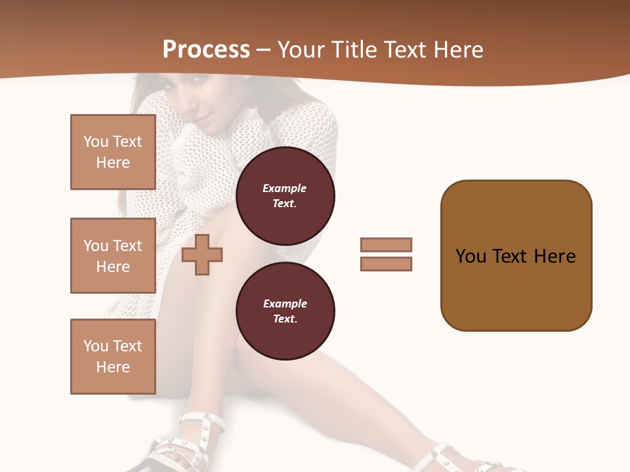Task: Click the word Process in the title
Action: pyautogui.click(x=206, y=50)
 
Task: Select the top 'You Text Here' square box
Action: pyautogui.click(x=113, y=152)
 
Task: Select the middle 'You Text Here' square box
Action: pyautogui.click(x=113, y=256)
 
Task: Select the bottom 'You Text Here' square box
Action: pyautogui.click(x=113, y=357)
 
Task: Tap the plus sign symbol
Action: pyautogui.click(x=202, y=254)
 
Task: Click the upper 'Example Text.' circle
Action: pyautogui.click(x=285, y=196)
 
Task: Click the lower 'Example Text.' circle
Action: pyautogui.click(x=285, y=311)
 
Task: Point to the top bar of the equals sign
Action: pyautogui.click(x=386, y=245)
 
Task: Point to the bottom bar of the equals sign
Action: pyautogui.click(x=386, y=264)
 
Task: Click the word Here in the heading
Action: pyautogui.click(x=458, y=50)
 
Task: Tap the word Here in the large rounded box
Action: pyautogui.click(x=555, y=256)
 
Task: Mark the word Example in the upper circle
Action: pyautogui.click(x=285, y=189)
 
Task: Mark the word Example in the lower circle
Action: pyautogui.click(x=285, y=304)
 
